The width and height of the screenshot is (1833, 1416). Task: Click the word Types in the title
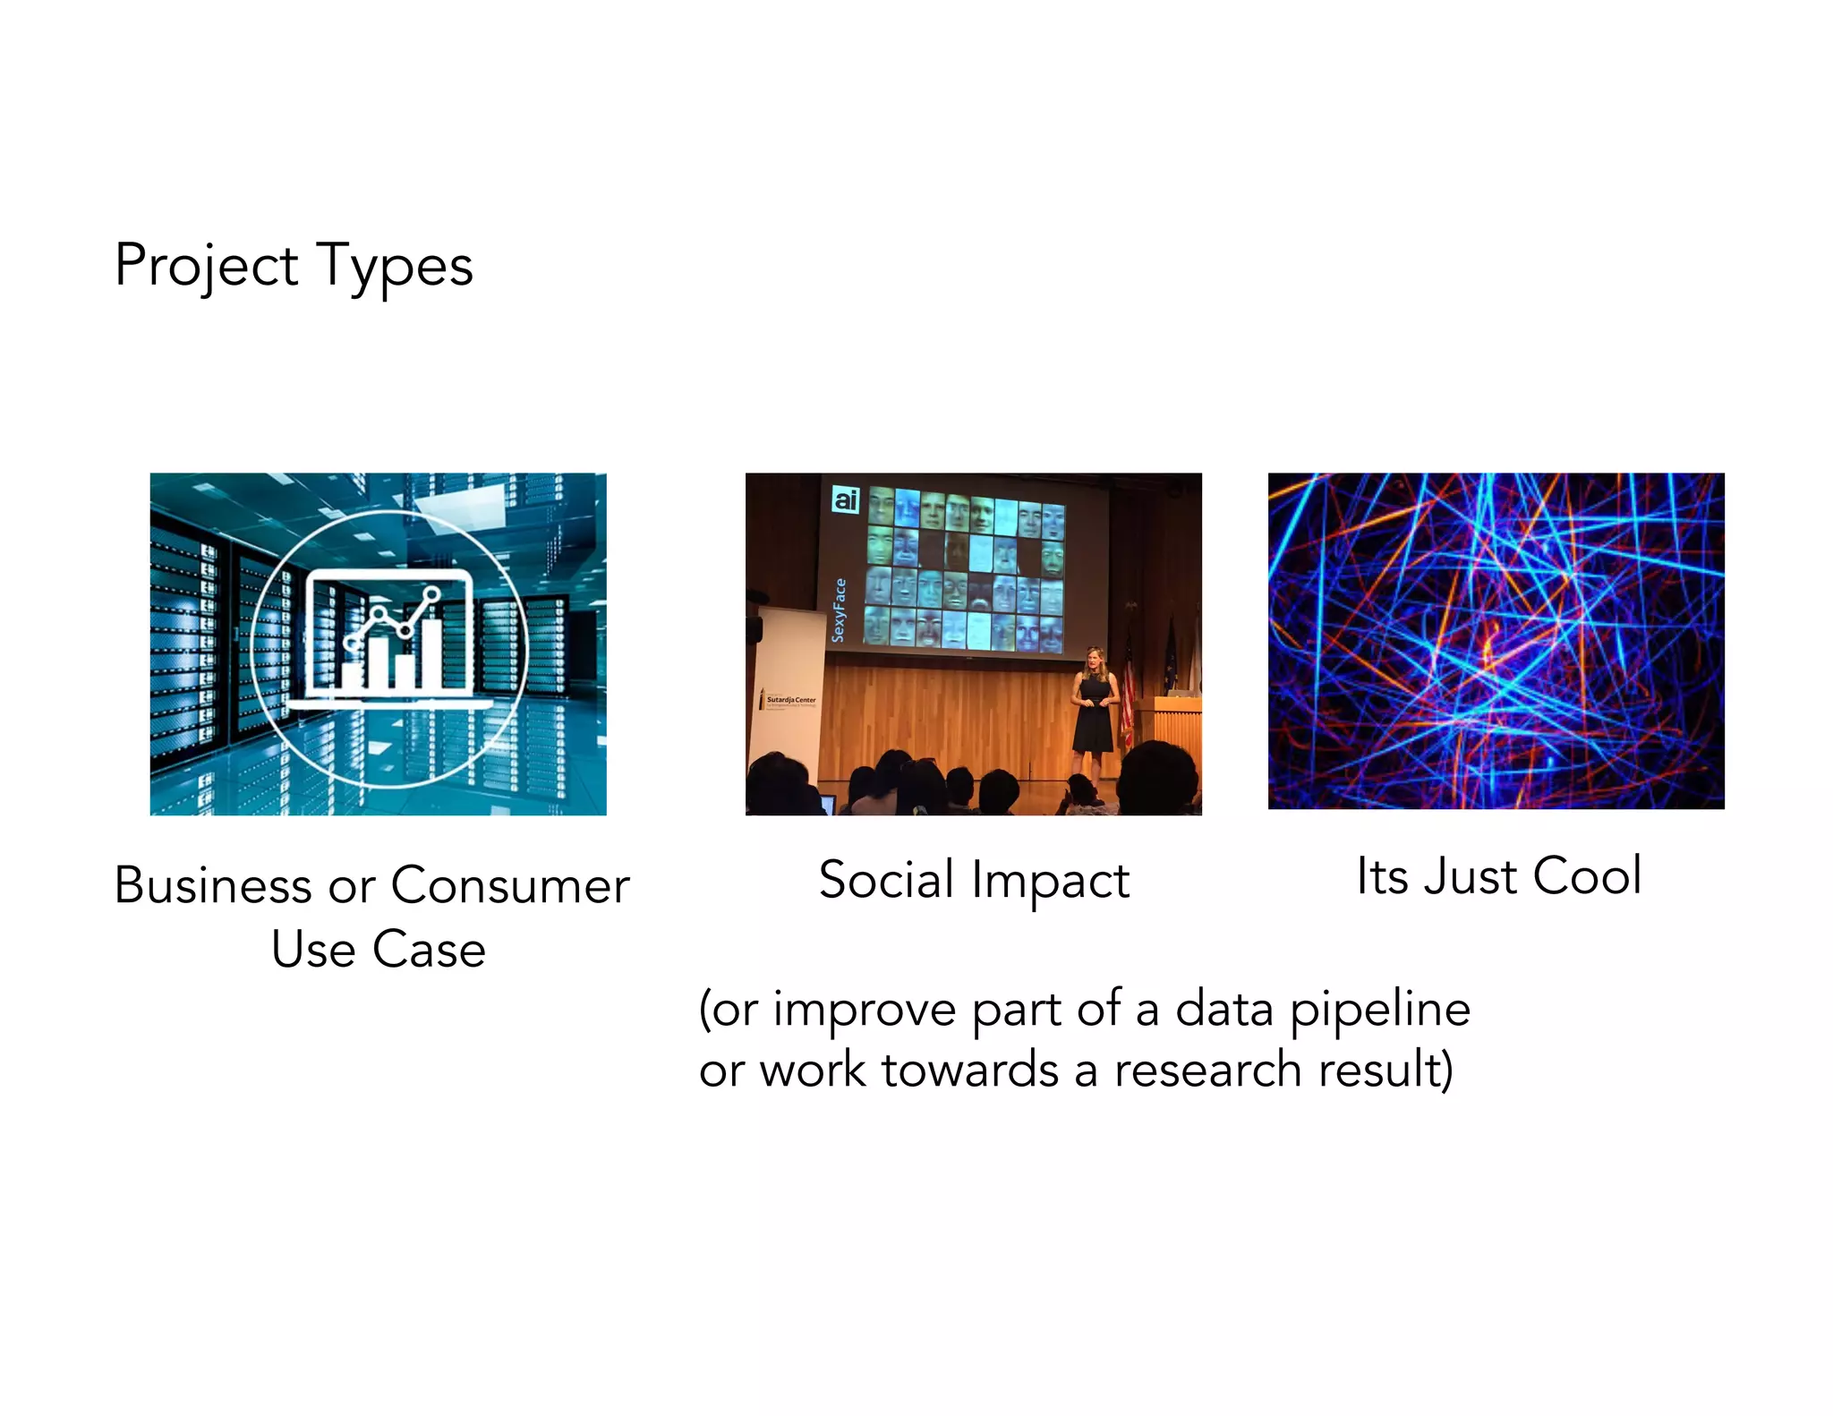pos(395,266)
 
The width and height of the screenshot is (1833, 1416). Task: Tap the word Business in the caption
pos(213,886)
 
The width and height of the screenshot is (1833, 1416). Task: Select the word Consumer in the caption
pos(510,886)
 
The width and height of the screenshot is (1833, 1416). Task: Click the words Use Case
pos(378,950)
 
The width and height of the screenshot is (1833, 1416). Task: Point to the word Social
pos(886,880)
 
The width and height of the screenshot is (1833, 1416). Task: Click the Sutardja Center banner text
pos(789,700)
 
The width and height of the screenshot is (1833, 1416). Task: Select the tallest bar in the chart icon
pos(432,652)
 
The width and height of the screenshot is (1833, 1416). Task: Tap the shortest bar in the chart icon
pos(352,674)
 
